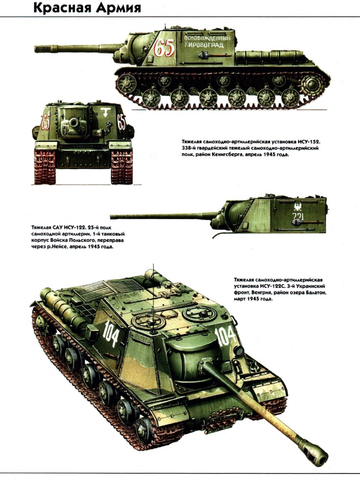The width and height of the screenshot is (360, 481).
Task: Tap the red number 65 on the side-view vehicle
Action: coord(164,48)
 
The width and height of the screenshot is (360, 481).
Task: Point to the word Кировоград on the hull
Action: coord(204,45)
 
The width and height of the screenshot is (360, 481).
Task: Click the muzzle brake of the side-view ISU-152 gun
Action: coord(45,48)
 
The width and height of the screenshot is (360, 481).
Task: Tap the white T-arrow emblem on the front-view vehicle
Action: coord(105,112)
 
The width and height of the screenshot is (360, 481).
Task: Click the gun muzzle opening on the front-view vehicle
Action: coord(74,123)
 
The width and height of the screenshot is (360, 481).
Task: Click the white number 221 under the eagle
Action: coord(298,217)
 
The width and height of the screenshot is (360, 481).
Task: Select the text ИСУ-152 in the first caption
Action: coord(308,142)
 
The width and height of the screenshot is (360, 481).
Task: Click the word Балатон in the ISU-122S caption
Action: coord(316,293)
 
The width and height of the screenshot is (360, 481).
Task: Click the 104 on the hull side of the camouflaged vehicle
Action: coord(111,333)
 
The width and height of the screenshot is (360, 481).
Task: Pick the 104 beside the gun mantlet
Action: coord(225,335)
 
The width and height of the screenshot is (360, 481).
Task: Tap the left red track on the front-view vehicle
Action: coord(45,167)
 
